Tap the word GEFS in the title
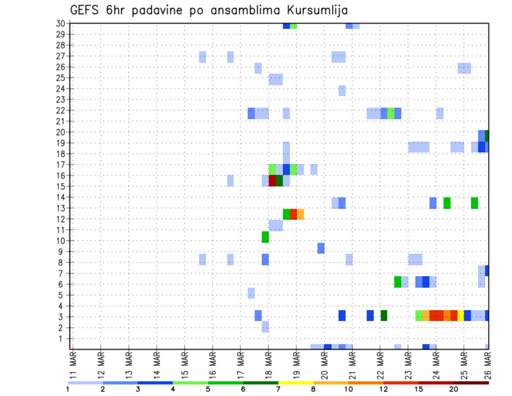coord(86,11)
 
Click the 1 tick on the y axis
coord(62,338)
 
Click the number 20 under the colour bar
coord(454,389)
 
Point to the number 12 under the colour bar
coord(383,389)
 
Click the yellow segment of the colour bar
coord(296,383)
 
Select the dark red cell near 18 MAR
coord(272,181)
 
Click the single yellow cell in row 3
coord(461,315)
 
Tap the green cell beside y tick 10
coord(265,236)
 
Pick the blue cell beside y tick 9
coord(321,248)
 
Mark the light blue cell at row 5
coord(251,293)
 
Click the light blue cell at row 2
coord(265,327)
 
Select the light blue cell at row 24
coord(342,90)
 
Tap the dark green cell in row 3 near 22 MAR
coord(383,315)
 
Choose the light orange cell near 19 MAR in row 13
coord(300,214)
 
